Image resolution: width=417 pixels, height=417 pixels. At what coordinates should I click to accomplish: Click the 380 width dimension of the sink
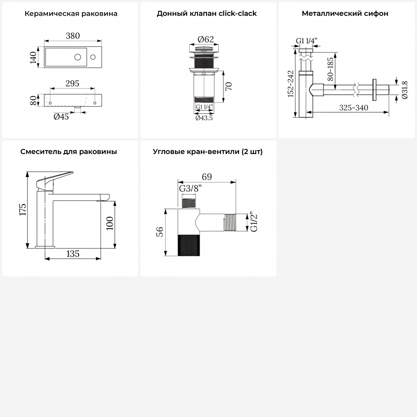(x=73, y=36)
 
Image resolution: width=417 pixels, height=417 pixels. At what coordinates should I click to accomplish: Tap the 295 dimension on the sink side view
(x=72, y=83)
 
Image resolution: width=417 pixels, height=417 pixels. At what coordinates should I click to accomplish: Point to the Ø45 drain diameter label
(x=61, y=116)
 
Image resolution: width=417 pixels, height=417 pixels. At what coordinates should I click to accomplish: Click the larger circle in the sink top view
(x=78, y=57)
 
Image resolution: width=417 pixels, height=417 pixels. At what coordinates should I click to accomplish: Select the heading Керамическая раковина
(x=71, y=14)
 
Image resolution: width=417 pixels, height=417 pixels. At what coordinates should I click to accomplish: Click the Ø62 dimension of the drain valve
(x=206, y=39)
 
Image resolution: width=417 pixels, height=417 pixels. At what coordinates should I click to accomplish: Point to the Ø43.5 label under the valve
(x=204, y=118)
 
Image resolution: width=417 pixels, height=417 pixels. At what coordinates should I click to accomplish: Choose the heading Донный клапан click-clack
(x=207, y=14)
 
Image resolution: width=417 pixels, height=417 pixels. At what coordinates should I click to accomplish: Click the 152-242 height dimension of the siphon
(x=291, y=84)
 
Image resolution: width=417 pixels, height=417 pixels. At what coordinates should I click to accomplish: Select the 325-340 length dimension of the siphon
(x=354, y=108)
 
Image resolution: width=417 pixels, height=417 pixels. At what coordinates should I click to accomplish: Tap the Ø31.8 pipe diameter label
(x=404, y=90)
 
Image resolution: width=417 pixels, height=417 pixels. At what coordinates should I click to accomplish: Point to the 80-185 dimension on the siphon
(x=330, y=69)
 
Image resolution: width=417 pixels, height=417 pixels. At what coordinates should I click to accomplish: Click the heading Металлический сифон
(x=345, y=14)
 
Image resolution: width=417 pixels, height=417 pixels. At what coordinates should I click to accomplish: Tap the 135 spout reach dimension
(x=73, y=254)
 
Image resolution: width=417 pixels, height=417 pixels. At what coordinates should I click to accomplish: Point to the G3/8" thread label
(x=190, y=188)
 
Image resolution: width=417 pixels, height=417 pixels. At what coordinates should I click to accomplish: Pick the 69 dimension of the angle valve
(x=207, y=177)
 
